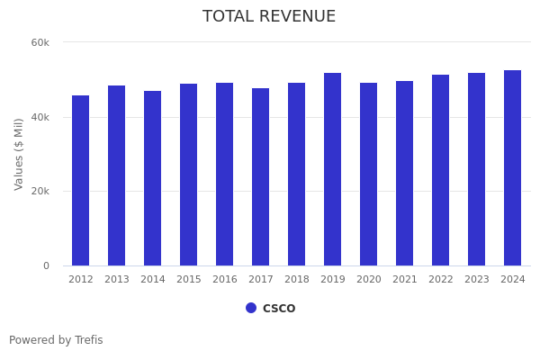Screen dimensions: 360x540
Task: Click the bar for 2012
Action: pyautogui.click(x=81, y=180)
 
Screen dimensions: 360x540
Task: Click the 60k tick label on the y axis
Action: pyautogui.click(x=40, y=42)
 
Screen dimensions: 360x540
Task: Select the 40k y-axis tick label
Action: pyautogui.click(x=40, y=117)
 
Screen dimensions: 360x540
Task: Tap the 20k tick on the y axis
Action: pyautogui.click(x=40, y=191)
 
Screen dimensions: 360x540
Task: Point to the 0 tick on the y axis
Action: pyautogui.click(x=46, y=265)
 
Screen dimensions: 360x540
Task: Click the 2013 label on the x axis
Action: pyautogui.click(x=117, y=280)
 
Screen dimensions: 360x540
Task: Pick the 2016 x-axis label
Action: pyautogui.click(x=225, y=280)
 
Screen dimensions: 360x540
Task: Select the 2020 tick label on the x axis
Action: pyautogui.click(x=369, y=280)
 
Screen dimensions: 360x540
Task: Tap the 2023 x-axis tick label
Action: pyautogui.click(x=477, y=280)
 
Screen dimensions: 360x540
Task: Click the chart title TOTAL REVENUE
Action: pyautogui.click(x=269, y=17)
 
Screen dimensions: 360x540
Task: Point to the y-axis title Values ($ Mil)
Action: pyautogui.click(x=19, y=154)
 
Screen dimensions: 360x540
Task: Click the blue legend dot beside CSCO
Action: pyautogui.click(x=251, y=308)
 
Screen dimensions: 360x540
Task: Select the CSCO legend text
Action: pyautogui.click(x=279, y=309)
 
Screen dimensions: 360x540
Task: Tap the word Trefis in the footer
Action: pyautogui.click(x=87, y=340)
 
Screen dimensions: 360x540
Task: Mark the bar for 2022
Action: pyautogui.click(x=441, y=170)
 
